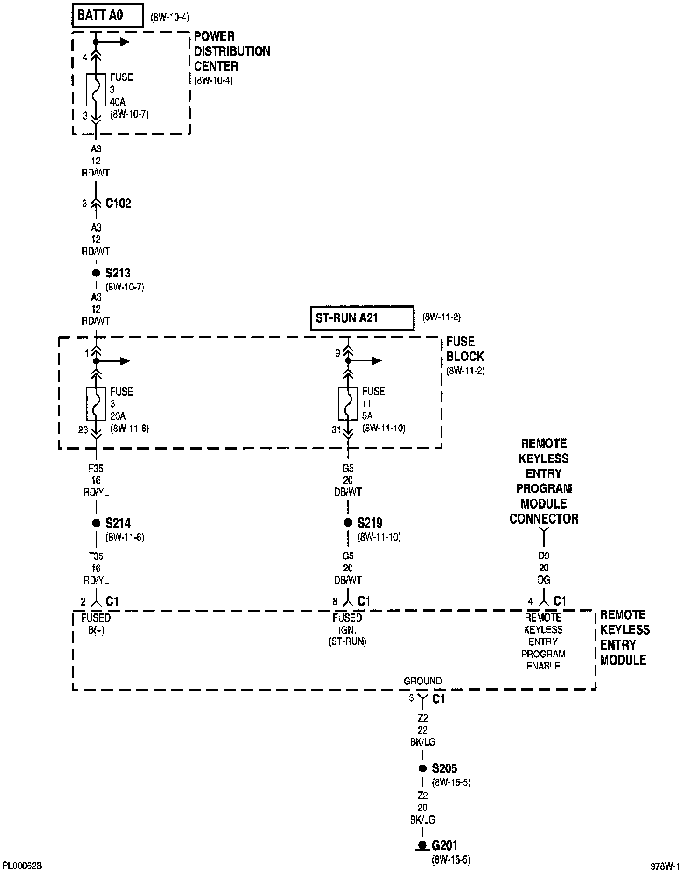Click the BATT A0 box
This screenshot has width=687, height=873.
107,16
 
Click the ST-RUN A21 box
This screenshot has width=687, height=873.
362,318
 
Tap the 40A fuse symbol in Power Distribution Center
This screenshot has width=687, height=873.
96,90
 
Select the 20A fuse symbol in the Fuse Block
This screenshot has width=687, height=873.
96,404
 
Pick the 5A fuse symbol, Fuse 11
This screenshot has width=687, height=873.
348,404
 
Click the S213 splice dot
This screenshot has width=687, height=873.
96,273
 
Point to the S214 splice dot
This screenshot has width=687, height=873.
96,523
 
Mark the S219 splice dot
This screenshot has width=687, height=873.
348,523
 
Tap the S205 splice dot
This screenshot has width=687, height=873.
422,768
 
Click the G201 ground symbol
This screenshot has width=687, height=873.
422,845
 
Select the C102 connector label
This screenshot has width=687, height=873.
118,204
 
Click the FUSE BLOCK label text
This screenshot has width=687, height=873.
465,349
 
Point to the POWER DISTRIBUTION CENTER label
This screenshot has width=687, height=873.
232,51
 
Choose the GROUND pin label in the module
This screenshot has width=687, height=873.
422,681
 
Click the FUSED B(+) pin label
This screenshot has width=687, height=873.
96,624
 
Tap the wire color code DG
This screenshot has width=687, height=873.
544,580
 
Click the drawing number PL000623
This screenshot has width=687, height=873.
22,866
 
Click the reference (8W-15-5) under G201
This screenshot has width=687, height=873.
451,859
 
